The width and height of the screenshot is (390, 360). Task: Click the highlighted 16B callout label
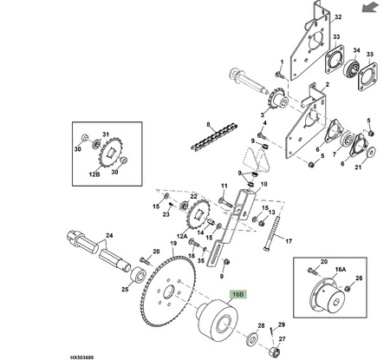238,295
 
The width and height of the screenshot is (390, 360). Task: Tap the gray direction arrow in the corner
370,7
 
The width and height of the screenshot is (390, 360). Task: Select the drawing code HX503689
81,357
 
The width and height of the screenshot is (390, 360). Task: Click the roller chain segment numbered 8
214,137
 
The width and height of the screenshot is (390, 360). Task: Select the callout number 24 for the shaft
109,235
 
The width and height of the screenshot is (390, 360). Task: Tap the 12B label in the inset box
94,174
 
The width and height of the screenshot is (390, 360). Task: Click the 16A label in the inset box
341,270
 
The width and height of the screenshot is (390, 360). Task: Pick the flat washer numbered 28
253,339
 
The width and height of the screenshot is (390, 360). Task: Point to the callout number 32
338,16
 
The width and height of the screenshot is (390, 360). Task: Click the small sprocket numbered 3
278,100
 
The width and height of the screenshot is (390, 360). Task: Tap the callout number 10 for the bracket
263,184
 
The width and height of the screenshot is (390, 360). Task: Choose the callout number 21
358,167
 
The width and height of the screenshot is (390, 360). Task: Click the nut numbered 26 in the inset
348,288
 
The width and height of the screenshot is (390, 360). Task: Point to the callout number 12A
182,236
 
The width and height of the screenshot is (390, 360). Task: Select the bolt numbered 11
225,201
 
